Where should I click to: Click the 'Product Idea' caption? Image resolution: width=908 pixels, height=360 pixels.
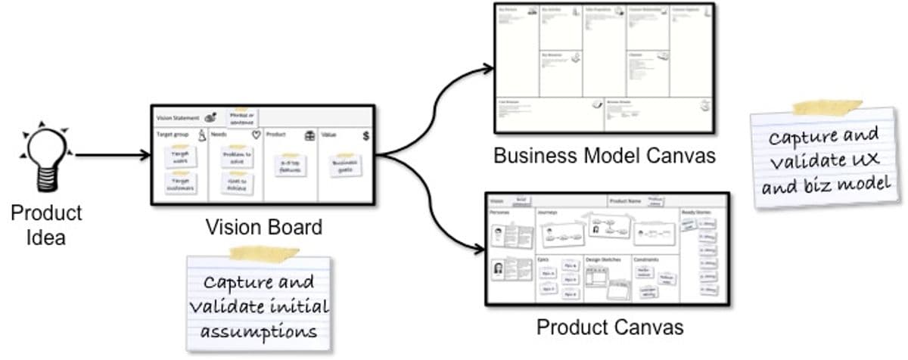(x=46, y=225)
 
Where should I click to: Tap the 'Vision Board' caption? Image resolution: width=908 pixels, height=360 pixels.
(x=264, y=226)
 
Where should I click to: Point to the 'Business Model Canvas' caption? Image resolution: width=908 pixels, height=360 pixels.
(x=604, y=156)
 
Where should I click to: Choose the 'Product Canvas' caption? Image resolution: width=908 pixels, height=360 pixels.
(x=610, y=327)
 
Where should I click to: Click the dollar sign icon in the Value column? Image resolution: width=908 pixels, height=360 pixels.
(x=365, y=136)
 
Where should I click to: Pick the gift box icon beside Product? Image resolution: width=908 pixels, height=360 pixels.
(x=309, y=136)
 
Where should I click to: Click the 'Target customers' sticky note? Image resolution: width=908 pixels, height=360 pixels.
(x=181, y=184)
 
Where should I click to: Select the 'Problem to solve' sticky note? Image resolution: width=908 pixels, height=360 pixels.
(x=236, y=157)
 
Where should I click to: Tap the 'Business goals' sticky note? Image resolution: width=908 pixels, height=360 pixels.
(x=346, y=166)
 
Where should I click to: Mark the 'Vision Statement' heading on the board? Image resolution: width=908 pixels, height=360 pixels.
(x=178, y=118)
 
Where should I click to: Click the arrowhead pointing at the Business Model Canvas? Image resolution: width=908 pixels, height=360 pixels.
(x=487, y=70)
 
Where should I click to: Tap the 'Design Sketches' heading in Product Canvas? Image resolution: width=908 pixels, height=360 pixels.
(x=603, y=259)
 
